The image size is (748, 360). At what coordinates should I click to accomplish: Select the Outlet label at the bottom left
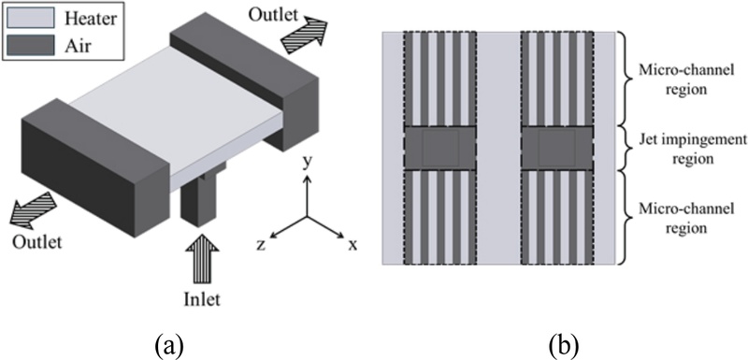tap(37, 242)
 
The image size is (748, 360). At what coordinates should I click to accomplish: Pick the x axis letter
tap(353, 245)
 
